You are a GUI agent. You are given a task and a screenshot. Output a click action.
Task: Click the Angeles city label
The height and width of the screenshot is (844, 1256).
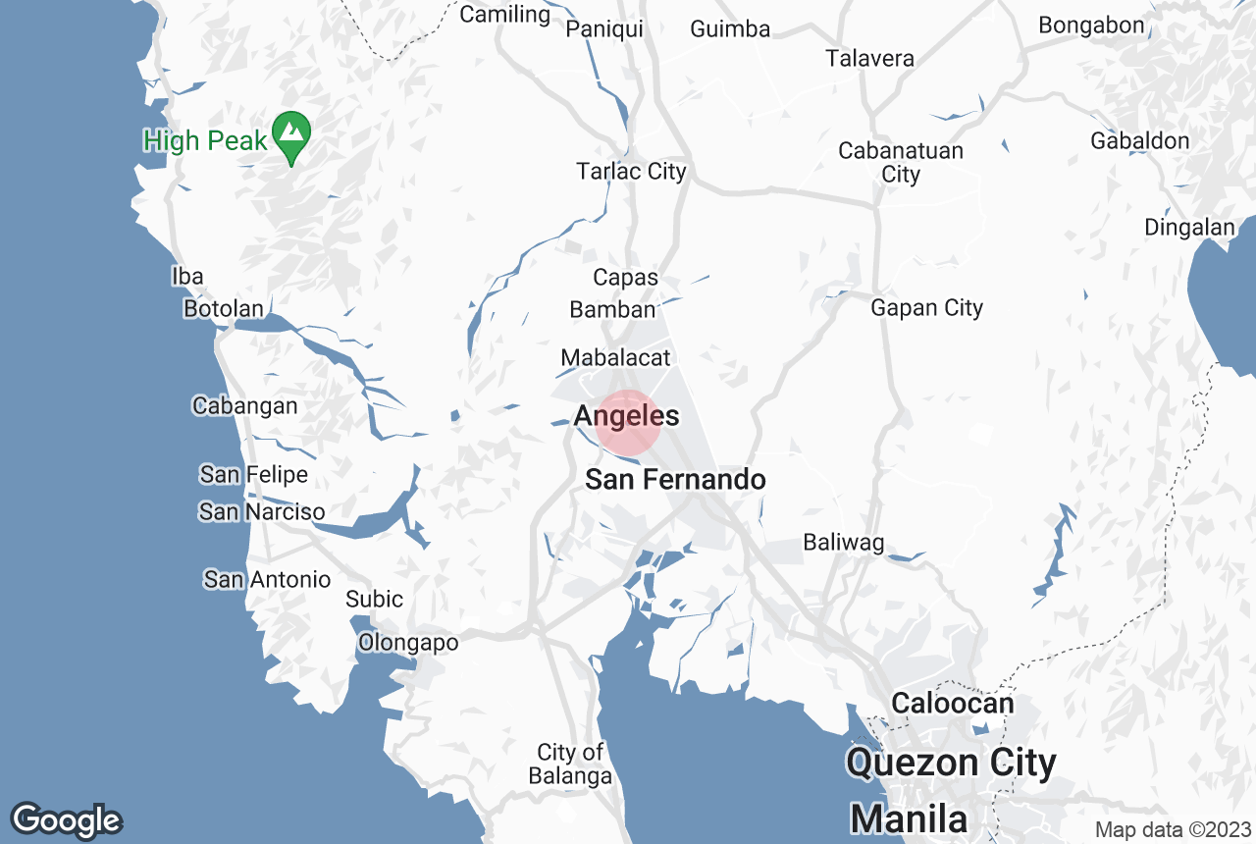coord(626,416)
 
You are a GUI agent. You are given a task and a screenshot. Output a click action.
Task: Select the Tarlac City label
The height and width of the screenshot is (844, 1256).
coord(631,172)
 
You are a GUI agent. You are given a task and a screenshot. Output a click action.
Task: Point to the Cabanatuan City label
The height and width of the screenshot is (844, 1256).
coord(901,163)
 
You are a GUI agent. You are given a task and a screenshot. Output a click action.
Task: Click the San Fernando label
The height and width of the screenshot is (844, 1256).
coord(675,480)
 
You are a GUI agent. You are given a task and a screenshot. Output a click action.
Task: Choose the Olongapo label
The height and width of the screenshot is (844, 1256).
coord(408,643)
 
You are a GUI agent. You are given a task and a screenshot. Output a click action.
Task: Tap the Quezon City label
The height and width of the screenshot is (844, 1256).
coord(951,763)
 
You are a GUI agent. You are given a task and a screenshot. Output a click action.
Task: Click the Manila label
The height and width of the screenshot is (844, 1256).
coord(909,818)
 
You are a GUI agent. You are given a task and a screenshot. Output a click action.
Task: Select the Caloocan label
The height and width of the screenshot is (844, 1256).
coord(952,704)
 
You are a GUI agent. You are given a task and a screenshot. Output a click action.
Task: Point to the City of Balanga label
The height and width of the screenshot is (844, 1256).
coord(570,765)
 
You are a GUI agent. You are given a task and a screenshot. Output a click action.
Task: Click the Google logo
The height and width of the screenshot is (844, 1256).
coord(66,820)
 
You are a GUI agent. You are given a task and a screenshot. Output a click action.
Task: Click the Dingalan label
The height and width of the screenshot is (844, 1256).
coord(1189,228)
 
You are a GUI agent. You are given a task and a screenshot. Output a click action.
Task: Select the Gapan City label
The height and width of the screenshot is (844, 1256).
coord(926,308)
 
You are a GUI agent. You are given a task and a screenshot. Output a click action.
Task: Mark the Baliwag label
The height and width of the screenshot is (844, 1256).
coord(843,542)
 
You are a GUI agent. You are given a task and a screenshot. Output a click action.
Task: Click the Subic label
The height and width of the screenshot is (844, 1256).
coord(374,599)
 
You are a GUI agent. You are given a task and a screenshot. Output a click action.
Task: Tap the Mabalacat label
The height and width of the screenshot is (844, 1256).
coord(615,358)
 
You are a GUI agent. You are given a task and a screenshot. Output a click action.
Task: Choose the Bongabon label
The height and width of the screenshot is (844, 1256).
coord(1091,26)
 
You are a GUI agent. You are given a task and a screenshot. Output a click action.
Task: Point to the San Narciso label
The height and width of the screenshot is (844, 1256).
coord(261,511)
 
